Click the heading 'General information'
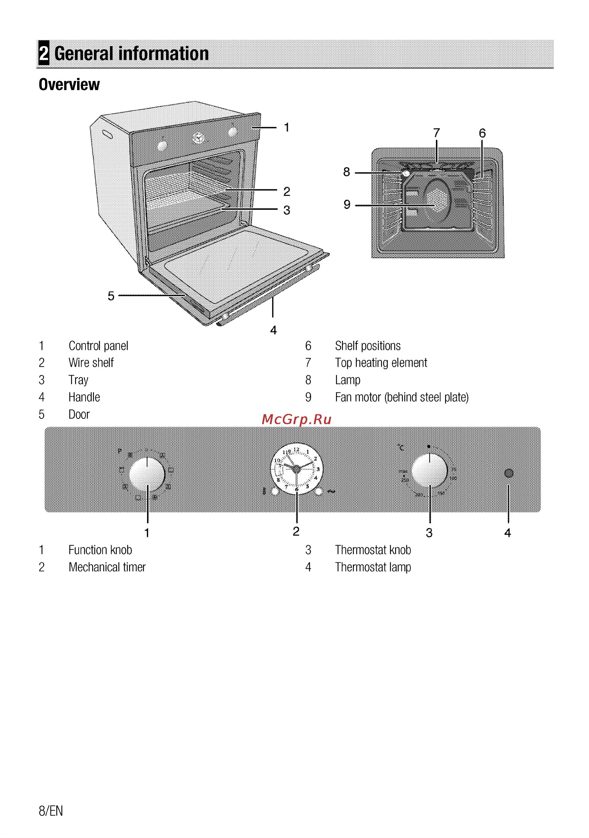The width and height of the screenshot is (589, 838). click(131, 53)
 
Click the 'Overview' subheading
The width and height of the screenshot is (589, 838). click(69, 84)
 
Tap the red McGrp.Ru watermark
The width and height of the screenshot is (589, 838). click(296, 420)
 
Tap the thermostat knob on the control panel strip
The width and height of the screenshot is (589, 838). click(430, 471)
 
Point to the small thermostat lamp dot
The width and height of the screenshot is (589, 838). click(508, 473)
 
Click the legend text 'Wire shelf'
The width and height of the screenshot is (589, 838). click(91, 363)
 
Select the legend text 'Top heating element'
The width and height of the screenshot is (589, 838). click(381, 363)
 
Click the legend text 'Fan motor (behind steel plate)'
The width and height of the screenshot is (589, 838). click(401, 397)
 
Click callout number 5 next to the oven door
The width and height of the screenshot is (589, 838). click(111, 296)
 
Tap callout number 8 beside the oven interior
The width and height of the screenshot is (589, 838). click(346, 172)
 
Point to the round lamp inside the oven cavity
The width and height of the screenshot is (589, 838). click(405, 174)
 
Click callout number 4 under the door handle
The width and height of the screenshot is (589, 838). click(273, 330)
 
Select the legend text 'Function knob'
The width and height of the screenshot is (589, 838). click(100, 550)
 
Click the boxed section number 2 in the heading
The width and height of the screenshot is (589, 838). click(44, 53)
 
